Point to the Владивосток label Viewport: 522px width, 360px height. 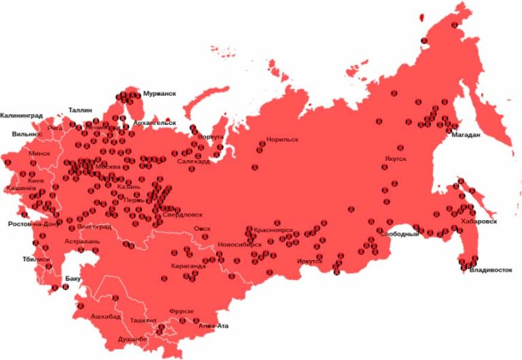pos(490,270)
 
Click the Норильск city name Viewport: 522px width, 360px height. pos(282,139)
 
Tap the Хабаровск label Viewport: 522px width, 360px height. pos(481,221)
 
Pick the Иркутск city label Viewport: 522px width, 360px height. pos(310,260)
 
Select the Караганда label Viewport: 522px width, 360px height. pos(188,266)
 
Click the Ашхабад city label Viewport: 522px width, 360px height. pos(105,317)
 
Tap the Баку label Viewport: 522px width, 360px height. pos(73,278)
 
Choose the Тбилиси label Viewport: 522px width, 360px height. pos(37,259)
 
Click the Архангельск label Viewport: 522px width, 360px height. pos(155,123)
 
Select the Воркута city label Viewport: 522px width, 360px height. pos(210,137)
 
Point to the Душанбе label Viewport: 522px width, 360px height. pos(133,338)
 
